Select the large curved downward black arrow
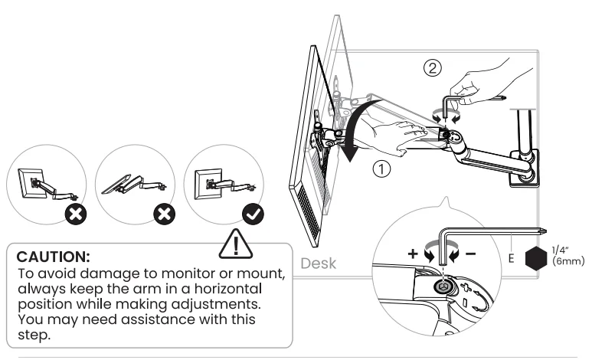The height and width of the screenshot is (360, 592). click(352, 130)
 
